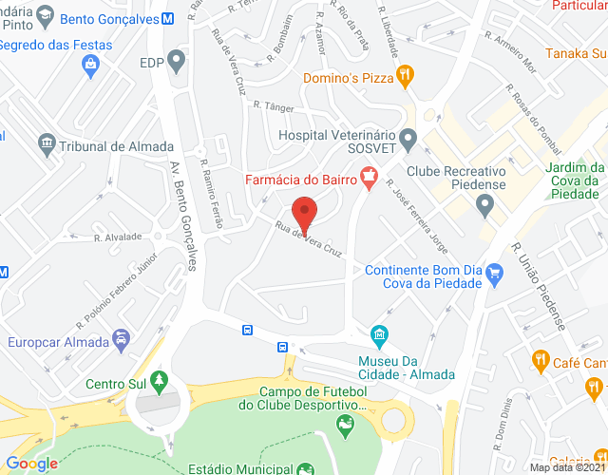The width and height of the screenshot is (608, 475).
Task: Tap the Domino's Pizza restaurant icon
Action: tap(404, 74)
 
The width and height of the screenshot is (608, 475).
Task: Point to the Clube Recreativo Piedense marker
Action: tap(485, 203)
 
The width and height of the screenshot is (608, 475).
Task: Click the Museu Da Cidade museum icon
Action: tap(379, 335)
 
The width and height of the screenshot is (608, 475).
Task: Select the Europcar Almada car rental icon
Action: tap(121, 339)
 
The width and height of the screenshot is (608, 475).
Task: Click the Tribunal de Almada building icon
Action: tap(47, 144)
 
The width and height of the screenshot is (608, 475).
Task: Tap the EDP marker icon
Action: tap(177, 63)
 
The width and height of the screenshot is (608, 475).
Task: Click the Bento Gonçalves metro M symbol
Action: tap(167, 19)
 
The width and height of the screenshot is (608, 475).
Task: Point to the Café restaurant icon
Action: tap(539, 360)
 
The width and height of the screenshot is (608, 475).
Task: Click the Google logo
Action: tap(31, 464)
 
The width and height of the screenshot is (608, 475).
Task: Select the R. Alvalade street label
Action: tap(119, 237)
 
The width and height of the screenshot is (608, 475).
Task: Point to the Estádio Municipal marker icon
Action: tap(304, 468)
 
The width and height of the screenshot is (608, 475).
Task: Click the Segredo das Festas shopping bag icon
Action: tap(92, 65)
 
